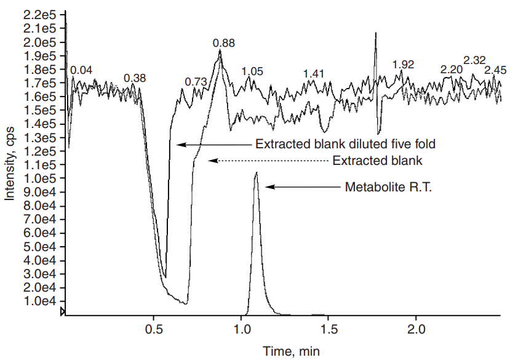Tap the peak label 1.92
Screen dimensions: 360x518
[403, 64]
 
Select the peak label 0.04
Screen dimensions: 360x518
[81, 70]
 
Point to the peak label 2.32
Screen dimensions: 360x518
[474, 60]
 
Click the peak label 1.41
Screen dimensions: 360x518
[313, 74]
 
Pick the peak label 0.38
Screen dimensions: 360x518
[135, 78]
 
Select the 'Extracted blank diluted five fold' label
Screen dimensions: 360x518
[345, 145]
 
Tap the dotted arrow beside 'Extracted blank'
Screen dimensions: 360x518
[268, 161]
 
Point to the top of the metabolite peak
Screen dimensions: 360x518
[256, 174]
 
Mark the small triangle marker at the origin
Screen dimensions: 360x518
[63, 313]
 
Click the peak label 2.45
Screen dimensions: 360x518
[495, 70]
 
